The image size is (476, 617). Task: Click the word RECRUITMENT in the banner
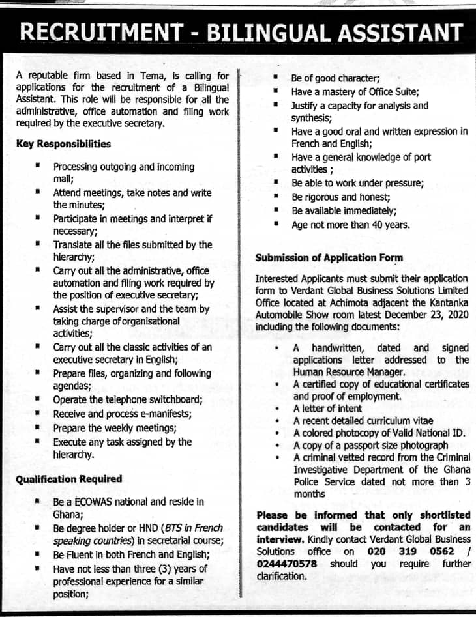pos(98,33)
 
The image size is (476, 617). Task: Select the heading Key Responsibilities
pos(63,144)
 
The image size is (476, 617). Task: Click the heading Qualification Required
pos(68,479)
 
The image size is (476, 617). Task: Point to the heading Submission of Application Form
pos(329,257)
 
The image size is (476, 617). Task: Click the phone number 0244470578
pos(287,564)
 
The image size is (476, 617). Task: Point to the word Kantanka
pos(449,302)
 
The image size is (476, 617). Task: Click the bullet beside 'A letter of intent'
pos(277,409)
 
